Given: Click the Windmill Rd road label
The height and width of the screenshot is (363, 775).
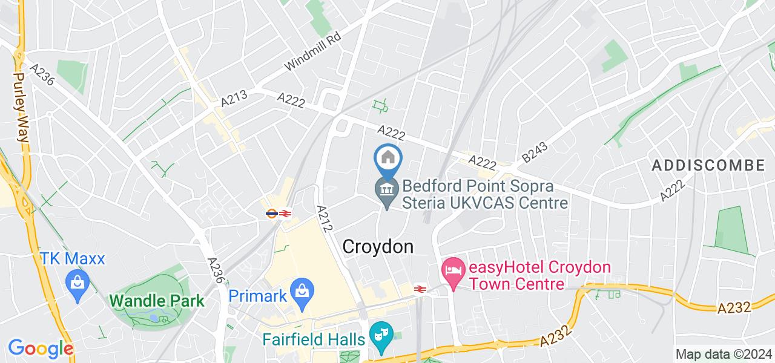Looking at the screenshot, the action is click(312, 51).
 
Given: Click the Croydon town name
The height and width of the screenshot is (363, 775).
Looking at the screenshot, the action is click(378, 247).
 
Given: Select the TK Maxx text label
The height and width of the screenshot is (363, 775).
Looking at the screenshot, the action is click(73, 259).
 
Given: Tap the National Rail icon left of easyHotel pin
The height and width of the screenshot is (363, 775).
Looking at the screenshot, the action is click(418, 289).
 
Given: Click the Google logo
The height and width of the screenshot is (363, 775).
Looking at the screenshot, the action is click(41, 348).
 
